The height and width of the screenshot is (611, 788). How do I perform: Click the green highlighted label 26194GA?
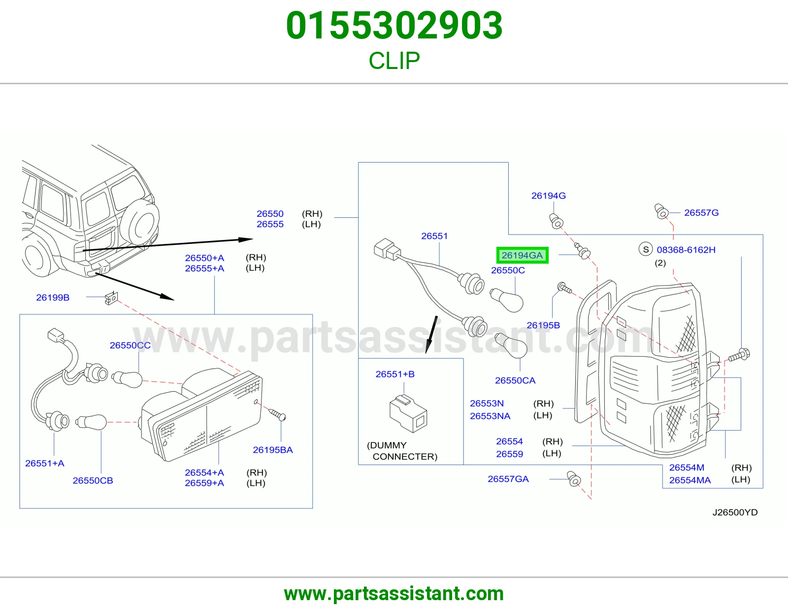point(522,255)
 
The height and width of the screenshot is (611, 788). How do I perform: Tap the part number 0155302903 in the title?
point(394,26)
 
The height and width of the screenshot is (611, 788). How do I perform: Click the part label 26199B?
point(53,298)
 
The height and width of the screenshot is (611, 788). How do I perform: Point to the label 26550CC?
point(130,345)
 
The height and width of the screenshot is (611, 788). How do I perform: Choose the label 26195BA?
point(273,450)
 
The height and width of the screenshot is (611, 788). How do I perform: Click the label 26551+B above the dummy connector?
point(395,374)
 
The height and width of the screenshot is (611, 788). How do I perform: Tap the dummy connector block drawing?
point(408,413)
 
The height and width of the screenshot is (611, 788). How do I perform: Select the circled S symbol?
point(646,250)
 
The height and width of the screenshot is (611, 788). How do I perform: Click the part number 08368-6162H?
point(686,250)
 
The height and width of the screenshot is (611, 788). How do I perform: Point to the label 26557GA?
point(508,479)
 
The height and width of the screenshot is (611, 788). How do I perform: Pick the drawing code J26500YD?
point(735,512)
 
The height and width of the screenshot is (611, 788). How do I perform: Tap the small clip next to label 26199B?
point(111,298)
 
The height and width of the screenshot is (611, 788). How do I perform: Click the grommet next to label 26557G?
point(661,211)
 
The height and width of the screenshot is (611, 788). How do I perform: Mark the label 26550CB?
point(93,480)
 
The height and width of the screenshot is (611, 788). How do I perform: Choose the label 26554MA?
point(689,480)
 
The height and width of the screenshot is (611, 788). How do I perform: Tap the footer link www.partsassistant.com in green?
point(394,594)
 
